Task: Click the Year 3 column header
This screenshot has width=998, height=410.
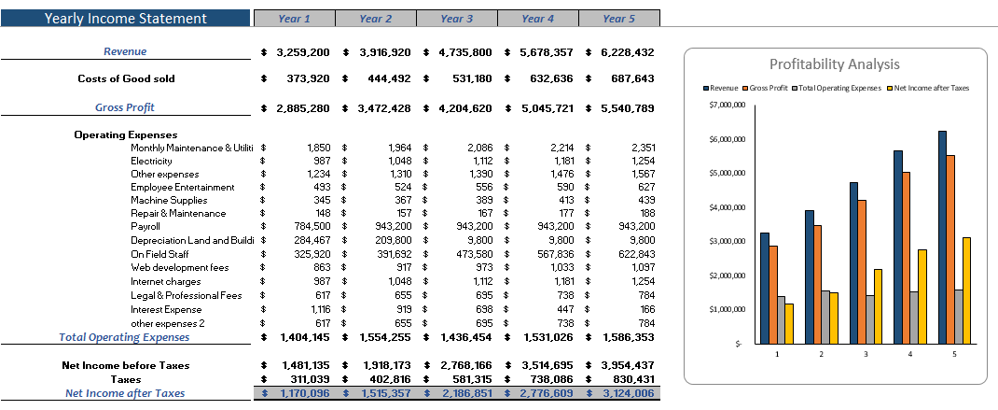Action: click(457, 19)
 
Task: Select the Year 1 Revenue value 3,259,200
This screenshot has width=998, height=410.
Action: click(304, 52)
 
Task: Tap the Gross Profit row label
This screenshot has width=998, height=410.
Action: click(125, 107)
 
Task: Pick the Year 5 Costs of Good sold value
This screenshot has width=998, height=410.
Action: click(628, 79)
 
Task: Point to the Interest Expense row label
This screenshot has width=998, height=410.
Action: click(166, 309)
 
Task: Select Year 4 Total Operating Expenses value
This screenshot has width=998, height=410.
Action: click(546, 336)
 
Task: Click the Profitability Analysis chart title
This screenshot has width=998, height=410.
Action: click(835, 64)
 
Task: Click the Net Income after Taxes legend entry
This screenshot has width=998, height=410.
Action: click(929, 88)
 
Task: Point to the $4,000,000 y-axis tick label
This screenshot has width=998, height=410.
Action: click(726, 207)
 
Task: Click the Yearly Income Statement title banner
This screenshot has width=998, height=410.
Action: click(125, 19)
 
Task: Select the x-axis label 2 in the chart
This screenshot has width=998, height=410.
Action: click(821, 354)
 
